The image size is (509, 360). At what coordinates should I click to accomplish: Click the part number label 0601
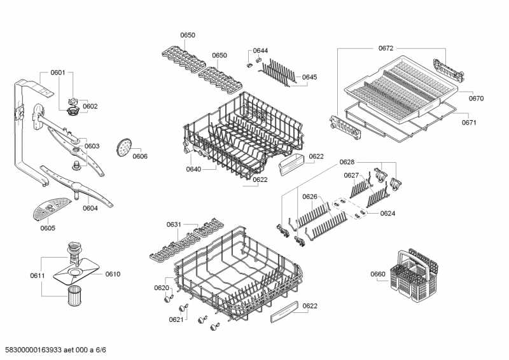click(x=58, y=73)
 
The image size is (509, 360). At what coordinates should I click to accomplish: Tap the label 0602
click(x=90, y=106)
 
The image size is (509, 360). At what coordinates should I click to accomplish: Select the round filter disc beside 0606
click(x=123, y=148)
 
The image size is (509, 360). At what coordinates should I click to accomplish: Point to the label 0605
click(x=48, y=228)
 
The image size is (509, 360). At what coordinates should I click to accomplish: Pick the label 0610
click(x=113, y=274)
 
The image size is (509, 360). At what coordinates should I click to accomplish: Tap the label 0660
click(x=378, y=274)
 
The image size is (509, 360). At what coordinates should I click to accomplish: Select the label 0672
click(x=386, y=48)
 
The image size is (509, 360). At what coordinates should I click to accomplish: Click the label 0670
click(x=477, y=99)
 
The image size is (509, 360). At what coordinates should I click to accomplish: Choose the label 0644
click(x=260, y=50)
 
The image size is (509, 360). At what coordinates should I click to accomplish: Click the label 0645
click(x=309, y=77)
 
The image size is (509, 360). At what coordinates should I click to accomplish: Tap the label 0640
click(x=194, y=169)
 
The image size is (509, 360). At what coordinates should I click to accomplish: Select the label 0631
click(x=174, y=224)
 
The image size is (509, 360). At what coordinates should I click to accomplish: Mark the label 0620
click(x=162, y=288)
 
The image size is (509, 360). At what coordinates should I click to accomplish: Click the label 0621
click(x=176, y=319)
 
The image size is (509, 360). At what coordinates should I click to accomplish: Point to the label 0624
click(x=388, y=213)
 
